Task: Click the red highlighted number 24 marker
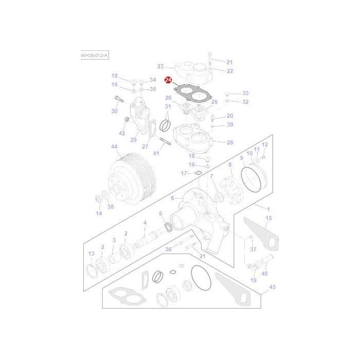coord(168,80)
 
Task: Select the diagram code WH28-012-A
coord(94,55)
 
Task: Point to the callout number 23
coord(160,66)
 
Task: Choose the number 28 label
coord(230,142)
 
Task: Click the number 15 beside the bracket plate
coord(268,218)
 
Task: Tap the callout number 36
coord(168,249)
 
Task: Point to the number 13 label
coord(91,254)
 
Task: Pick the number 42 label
coord(122,133)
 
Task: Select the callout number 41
coord(156,153)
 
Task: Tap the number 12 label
coord(265,145)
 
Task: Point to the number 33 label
coord(245,93)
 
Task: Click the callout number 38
coord(110,207)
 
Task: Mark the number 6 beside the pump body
coord(173,197)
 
